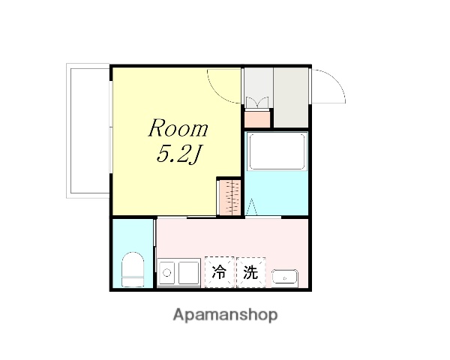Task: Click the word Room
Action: [x=178, y=127]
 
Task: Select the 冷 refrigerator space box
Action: [x=219, y=272]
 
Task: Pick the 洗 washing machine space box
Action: [x=250, y=272]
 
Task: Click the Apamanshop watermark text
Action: [x=225, y=315]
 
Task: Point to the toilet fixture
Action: [x=133, y=269]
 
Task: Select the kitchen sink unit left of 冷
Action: [x=178, y=272]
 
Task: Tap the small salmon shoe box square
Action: [x=258, y=118]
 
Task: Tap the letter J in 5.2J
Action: [x=199, y=156]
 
